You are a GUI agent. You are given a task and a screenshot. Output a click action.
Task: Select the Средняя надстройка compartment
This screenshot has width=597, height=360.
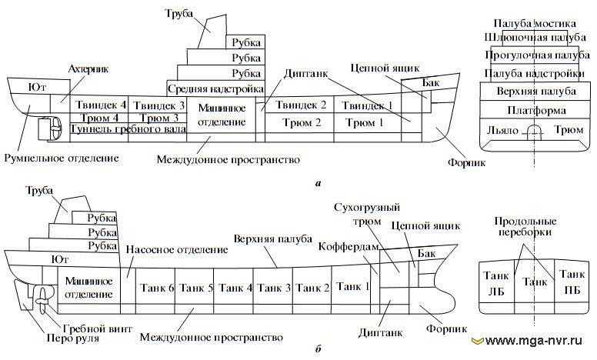click(216, 88)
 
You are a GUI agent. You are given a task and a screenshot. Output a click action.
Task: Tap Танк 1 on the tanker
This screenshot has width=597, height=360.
click(353, 287)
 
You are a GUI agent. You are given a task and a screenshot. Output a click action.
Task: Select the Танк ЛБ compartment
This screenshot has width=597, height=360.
click(496, 283)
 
